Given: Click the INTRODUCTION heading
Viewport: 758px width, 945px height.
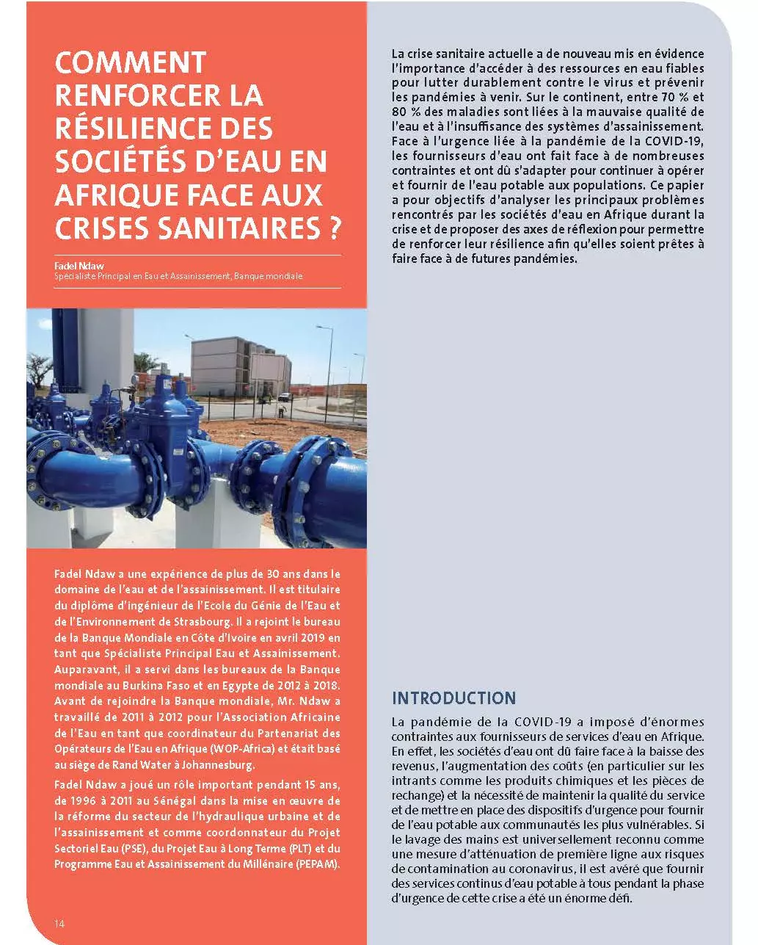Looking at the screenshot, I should tap(453, 698).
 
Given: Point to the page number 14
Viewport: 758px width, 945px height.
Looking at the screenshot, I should tap(59, 923).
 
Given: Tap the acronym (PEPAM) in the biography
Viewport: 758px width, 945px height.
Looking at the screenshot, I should tap(318, 863).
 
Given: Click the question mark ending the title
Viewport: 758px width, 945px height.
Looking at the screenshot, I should tap(332, 228).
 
